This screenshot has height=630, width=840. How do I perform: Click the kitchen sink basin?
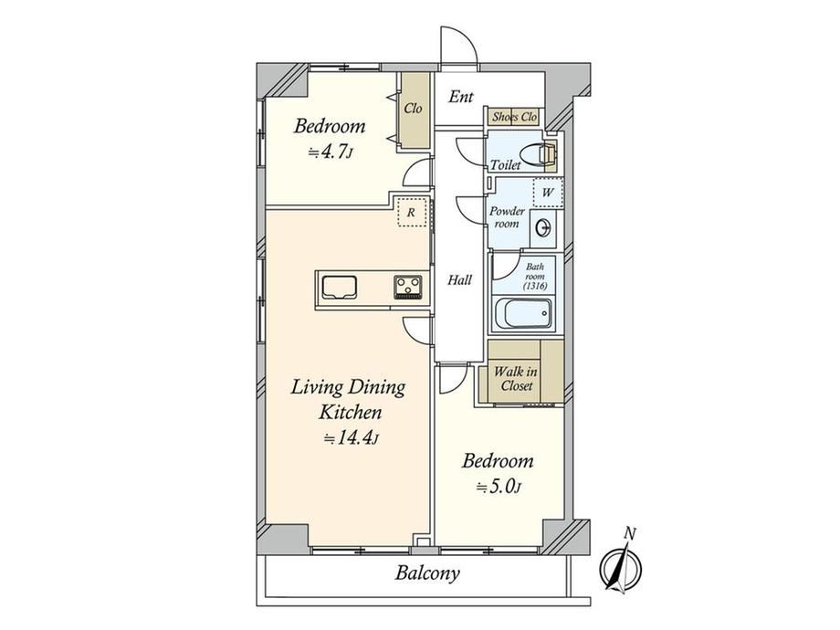click(x=339, y=287)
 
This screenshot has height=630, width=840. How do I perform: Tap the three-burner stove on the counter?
click(x=408, y=287)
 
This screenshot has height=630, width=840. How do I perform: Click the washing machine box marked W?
click(x=548, y=193)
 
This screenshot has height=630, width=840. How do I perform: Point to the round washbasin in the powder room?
click(x=543, y=227)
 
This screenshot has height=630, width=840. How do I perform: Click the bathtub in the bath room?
click(x=523, y=313)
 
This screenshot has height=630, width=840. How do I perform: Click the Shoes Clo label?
click(x=514, y=117)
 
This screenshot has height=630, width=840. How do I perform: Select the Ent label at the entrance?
click(x=461, y=97)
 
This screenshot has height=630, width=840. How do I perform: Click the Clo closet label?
click(x=413, y=109)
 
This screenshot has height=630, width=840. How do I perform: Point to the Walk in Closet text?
click(x=515, y=378)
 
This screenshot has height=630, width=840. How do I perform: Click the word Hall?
click(x=459, y=279)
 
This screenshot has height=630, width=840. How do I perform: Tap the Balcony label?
click(x=427, y=573)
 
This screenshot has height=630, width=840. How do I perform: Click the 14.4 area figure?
click(x=352, y=439)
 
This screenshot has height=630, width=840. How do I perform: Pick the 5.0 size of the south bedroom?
click(x=499, y=487)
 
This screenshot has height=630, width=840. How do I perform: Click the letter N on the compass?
click(x=631, y=533)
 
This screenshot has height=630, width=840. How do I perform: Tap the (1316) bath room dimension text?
click(x=535, y=286)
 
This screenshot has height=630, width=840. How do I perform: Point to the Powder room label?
click(x=507, y=217)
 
